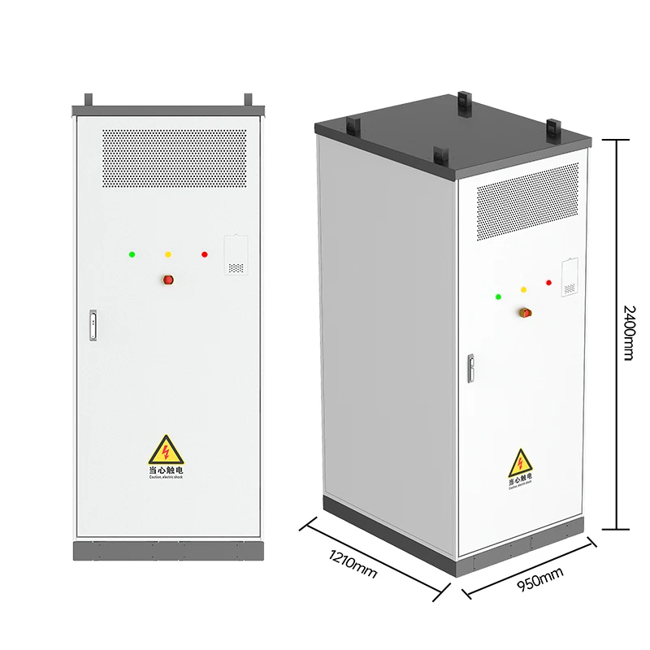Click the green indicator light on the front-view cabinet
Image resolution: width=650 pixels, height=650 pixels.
pos(132,254)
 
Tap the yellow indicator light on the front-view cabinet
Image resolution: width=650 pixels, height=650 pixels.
pos(168,254)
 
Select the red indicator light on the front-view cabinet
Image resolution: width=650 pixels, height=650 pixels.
pos(204,254)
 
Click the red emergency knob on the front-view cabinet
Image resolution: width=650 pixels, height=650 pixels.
pos(169,279)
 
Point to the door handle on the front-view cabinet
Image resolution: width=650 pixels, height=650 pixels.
pos(93,323)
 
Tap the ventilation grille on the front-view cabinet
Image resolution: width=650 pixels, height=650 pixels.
pos(174,159)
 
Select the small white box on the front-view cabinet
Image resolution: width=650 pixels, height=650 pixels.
pos(235,255)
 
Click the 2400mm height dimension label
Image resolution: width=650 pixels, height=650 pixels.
pos(628,332)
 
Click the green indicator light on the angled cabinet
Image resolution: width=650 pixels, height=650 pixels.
pos(497,297)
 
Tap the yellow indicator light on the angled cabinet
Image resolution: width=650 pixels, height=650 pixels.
pos(523,289)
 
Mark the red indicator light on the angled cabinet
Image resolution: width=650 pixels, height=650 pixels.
pos(548,283)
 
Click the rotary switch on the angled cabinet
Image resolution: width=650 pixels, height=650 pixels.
pos(525,313)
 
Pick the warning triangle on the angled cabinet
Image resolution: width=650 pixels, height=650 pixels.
pos(520,462)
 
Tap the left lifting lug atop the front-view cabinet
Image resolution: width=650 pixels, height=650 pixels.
pos(89,99)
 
